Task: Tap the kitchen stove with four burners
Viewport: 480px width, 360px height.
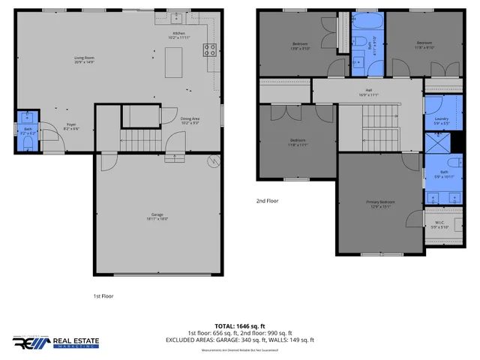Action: (x=211, y=51)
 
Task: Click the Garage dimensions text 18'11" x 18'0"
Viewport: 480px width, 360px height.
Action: (x=157, y=219)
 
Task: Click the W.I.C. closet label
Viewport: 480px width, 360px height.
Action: (x=439, y=222)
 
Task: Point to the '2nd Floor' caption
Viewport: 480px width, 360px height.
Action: (x=268, y=201)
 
